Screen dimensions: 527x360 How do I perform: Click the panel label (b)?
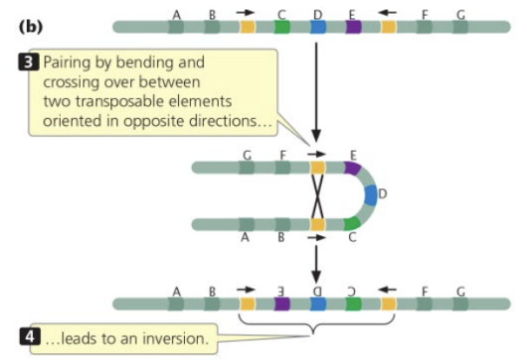(30, 27)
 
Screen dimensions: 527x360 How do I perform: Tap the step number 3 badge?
(29, 62)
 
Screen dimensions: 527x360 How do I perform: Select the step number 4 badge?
(30, 337)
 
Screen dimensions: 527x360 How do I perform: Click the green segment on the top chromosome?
(281, 27)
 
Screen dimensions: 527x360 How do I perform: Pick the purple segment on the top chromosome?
(353, 27)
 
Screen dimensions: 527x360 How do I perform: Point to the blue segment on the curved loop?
(371, 195)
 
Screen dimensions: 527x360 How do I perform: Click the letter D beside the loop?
(382, 193)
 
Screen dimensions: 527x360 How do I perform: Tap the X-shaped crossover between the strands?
(317, 196)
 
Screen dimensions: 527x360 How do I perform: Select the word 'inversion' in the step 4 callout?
(175, 338)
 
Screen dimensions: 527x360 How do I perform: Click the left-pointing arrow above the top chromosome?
(387, 13)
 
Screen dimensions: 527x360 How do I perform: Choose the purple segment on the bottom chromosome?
(281, 304)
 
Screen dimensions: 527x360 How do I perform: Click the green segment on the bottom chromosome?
(353, 304)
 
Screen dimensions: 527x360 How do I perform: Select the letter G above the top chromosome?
(461, 15)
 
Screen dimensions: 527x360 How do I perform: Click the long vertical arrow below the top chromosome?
(316, 92)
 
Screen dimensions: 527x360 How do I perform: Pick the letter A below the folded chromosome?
(245, 238)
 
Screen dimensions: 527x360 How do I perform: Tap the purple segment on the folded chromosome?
(352, 167)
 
